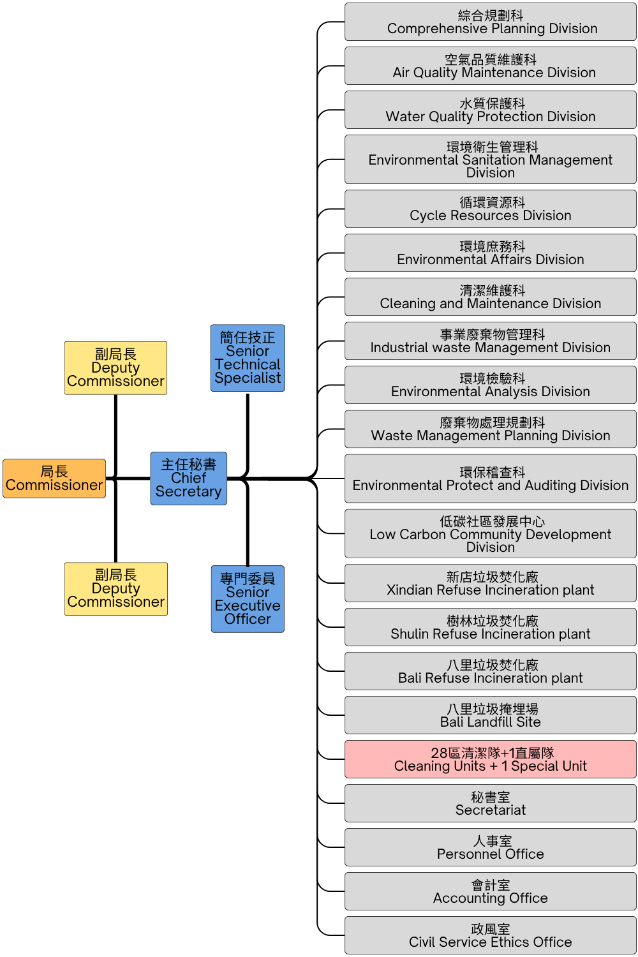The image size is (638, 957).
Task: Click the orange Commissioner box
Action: coord(54,478)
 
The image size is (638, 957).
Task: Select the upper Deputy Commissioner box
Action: coord(115,368)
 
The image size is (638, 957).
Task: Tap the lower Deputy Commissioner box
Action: coord(115,589)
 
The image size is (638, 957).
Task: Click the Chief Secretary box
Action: coord(188,478)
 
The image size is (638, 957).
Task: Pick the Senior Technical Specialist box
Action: coord(248,358)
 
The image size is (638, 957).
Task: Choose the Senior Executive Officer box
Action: coord(248,599)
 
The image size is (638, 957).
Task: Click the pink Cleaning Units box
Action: coord(490,759)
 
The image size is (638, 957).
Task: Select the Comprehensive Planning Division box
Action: coord(490,22)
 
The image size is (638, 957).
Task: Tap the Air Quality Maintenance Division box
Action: coord(490,66)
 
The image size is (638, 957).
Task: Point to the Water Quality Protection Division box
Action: coord(490,110)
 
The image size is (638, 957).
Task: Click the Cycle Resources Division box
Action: coord(490,209)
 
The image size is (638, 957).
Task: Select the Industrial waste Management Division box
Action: coord(490,341)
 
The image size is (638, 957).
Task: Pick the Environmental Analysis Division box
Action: coord(490,385)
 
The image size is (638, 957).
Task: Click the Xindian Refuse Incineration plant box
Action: coord(490,583)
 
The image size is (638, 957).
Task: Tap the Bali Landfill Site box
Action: coord(490,715)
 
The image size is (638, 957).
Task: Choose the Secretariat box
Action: coord(490,803)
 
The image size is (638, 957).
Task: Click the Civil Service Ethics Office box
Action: coord(490,935)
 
